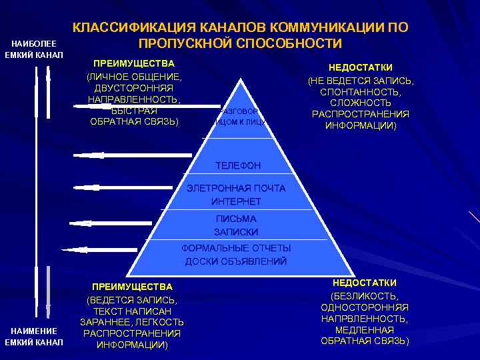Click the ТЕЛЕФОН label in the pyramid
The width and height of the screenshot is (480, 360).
pyautogui.click(x=238, y=165)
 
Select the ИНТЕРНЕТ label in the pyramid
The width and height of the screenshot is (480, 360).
pyautogui.click(x=236, y=201)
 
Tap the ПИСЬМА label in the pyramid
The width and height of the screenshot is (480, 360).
pyautogui.click(x=236, y=219)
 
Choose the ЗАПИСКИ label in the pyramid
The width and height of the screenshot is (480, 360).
pyautogui.click(x=236, y=231)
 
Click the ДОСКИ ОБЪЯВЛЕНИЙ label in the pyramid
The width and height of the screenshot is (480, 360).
pyautogui.click(x=236, y=261)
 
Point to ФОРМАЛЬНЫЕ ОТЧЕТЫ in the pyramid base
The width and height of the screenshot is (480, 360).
pyautogui.click(x=236, y=248)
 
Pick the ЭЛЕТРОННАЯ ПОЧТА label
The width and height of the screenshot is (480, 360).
pyautogui.click(x=236, y=188)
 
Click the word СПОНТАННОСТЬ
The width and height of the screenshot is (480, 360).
pyautogui.click(x=360, y=91)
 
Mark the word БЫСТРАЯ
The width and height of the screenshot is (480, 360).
pyautogui.click(x=134, y=111)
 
